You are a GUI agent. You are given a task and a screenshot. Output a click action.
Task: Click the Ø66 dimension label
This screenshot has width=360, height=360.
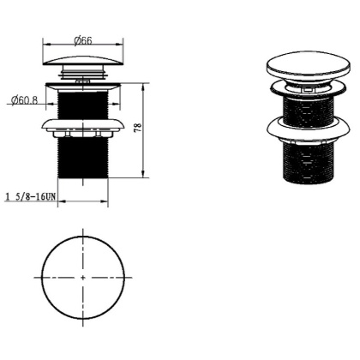[83, 41]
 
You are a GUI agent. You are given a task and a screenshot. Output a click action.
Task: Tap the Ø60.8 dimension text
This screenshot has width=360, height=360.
[24, 100]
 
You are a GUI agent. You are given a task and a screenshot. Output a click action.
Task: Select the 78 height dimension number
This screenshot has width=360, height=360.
[138, 127]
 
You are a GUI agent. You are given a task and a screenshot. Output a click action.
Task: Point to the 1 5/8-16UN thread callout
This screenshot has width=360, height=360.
[30, 197]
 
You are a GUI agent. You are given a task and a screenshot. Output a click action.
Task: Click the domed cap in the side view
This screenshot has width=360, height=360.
[83, 60]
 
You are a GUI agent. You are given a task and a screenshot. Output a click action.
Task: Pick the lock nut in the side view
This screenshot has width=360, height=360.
[83, 127]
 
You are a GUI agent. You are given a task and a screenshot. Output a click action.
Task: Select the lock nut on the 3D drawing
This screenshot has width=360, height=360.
[309, 129]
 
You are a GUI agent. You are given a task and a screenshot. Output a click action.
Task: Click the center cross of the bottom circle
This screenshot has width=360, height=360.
[83, 277]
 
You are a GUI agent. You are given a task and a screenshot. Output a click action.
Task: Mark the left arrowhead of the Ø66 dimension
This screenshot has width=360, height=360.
[46, 45]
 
